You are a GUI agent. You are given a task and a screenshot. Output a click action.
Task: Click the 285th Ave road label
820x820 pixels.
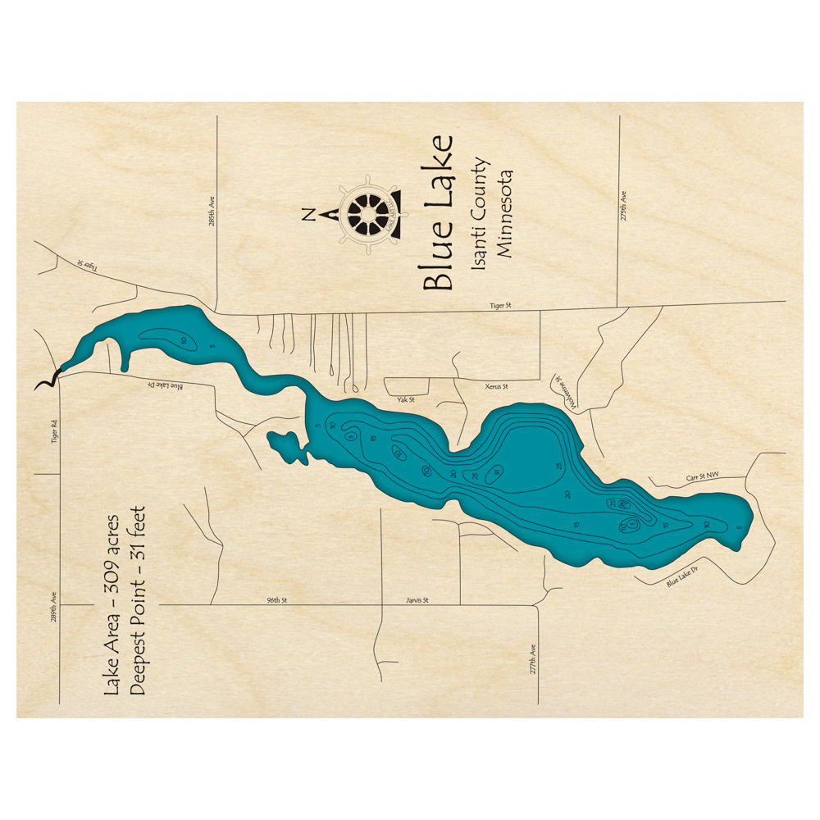point(212,211)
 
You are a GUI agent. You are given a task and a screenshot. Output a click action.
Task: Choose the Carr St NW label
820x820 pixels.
point(702,477)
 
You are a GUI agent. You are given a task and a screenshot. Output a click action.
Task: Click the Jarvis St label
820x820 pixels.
point(417,600)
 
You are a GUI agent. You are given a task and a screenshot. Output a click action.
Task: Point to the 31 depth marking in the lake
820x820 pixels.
point(497,471)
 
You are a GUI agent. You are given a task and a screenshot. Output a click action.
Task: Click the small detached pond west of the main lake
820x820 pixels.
point(288,446)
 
